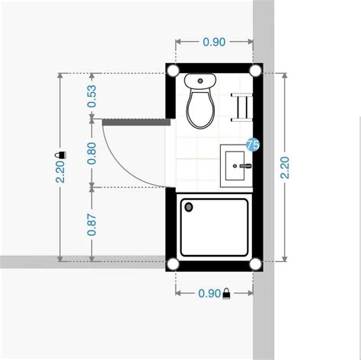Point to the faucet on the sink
(244, 164)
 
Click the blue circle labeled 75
(253, 144)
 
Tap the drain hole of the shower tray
(190, 205)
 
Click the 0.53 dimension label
(92, 96)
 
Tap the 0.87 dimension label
(92, 224)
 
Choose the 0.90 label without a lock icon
(214, 43)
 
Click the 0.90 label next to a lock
(209, 293)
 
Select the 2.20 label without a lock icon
(286, 166)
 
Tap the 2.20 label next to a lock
(59, 174)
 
